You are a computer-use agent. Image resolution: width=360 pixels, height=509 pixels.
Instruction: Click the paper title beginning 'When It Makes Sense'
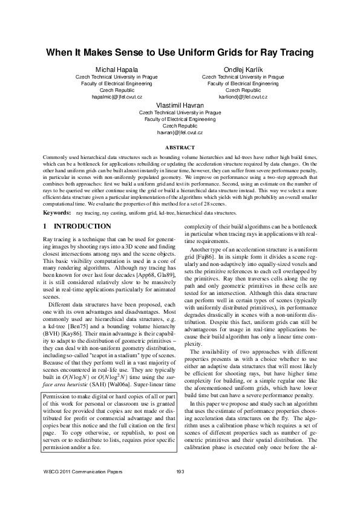coord(180,53)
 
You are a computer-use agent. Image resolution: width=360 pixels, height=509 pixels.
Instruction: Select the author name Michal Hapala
coord(116,70)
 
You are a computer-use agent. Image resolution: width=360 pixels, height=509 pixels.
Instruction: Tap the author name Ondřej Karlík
coord(243,70)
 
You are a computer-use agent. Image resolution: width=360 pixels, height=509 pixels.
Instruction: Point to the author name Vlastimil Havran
coord(180,105)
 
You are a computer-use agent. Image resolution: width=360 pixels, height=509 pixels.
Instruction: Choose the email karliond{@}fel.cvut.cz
coord(243,97)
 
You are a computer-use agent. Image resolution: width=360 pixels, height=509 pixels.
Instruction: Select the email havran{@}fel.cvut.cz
coord(180,132)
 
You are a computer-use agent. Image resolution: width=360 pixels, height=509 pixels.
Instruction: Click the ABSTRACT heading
coord(180,148)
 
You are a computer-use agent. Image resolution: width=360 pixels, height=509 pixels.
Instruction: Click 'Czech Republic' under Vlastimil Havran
coord(180,125)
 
